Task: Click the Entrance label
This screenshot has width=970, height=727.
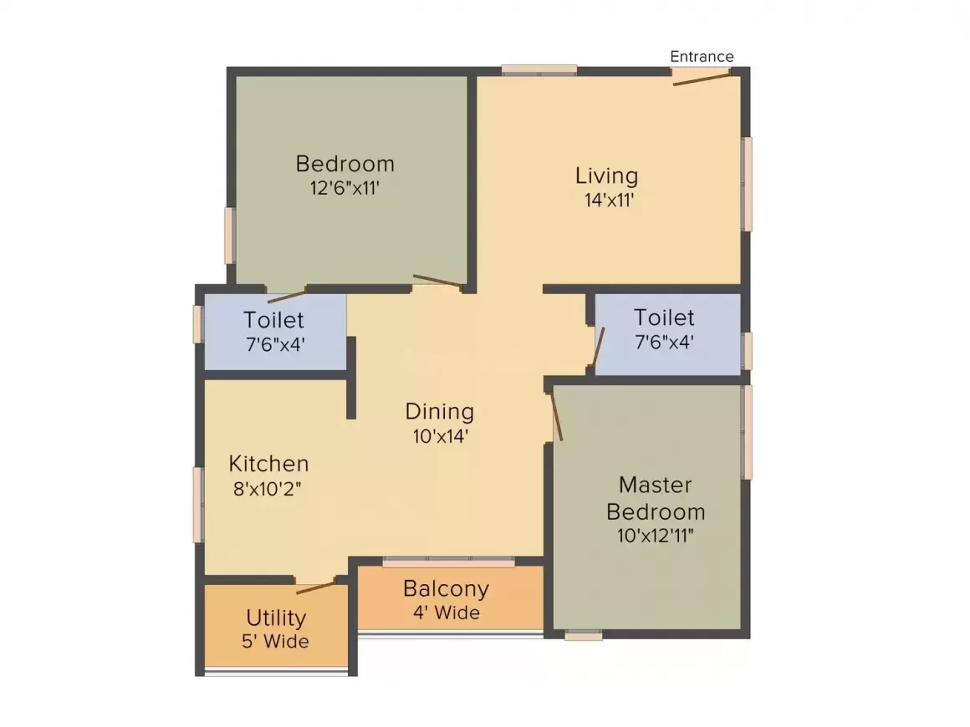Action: pos(702,57)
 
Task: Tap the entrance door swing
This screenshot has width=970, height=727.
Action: pos(702,78)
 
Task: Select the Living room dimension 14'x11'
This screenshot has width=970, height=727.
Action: pos(608,200)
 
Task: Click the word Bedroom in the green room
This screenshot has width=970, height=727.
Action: pos(345,163)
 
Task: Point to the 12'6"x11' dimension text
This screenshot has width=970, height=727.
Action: pos(345,187)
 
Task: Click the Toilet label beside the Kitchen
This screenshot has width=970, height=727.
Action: pos(273,319)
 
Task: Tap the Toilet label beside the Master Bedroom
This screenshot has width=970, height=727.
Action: pos(664,318)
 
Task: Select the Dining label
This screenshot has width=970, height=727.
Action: pos(439,411)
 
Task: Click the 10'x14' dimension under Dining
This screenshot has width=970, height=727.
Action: pos(439,435)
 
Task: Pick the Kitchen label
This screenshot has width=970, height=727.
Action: pos(268,464)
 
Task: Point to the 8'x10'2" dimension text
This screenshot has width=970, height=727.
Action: pos(267,489)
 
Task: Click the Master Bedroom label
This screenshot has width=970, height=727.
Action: pos(656,498)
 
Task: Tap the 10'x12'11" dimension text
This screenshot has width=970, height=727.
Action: pos(656,536)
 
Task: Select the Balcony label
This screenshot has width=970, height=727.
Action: pos(446,588)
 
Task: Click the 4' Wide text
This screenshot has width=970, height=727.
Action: pos(446,613)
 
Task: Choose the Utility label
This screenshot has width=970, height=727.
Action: pos(276,618)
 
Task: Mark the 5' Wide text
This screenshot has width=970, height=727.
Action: pos(276,642)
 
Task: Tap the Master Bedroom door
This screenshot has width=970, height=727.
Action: pos(556,415)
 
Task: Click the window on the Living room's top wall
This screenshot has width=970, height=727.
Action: pos(539,70)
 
